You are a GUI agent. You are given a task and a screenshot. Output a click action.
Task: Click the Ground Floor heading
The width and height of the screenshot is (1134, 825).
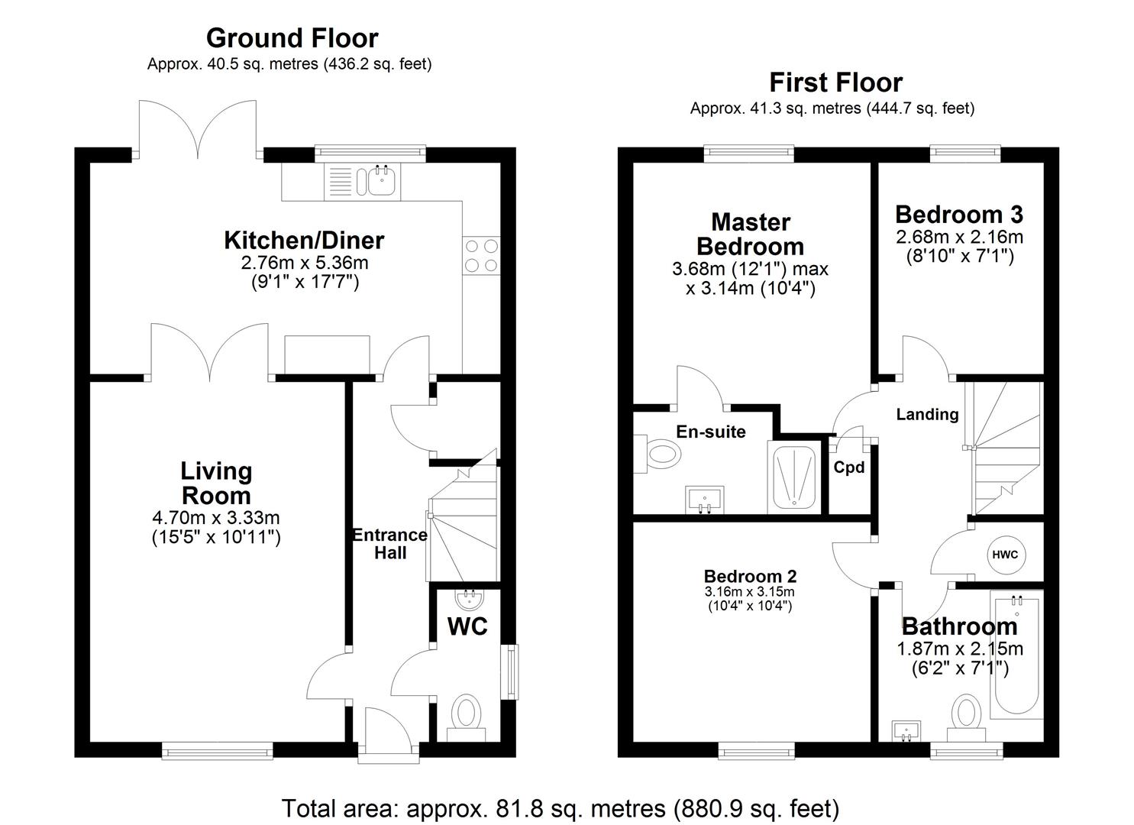292,38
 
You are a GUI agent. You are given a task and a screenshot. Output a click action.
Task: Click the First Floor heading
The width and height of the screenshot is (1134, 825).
835,82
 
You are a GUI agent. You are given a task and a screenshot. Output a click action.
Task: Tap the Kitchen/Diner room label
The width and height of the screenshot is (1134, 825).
304,241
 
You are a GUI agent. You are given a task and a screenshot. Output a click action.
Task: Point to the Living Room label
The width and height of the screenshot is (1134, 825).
217,483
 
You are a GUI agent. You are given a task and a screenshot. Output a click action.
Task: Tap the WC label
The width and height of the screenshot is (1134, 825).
467,627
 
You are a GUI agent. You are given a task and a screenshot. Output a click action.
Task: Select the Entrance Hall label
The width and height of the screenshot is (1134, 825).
389,544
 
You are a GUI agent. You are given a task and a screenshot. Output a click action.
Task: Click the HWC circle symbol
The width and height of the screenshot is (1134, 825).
1005,555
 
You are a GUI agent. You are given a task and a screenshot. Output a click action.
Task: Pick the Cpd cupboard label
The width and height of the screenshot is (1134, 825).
848,467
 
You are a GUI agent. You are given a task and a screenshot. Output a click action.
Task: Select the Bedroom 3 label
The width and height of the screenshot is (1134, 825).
959,215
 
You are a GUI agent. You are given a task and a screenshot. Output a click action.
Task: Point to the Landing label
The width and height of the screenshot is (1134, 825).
927,415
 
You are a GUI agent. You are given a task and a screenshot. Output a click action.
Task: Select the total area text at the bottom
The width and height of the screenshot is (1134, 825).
561,808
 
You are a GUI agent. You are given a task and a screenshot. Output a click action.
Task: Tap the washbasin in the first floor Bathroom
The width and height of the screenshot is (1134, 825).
906,731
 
